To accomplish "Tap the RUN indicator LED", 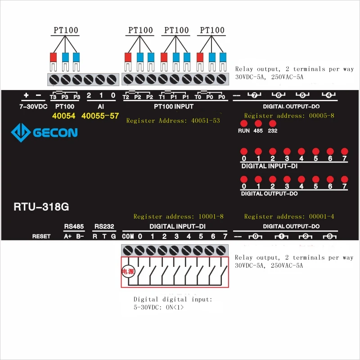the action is tap(243, 123).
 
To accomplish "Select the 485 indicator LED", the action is tap(258, 123).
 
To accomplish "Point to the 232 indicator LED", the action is tap(272, 123).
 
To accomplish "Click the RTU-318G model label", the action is tap(41, 207).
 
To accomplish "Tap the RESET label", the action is tap(41, 236).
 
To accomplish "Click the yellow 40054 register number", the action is tap(64, 116).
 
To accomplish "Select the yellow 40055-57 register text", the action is tap(100, 116).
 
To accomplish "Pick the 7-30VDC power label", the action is tap(33, 107).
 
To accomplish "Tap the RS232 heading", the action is tap(103, 226).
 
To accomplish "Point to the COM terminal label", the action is tap(128, 236).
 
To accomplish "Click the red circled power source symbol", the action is tap(128, 271).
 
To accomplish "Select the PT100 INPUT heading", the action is tap(174, 107).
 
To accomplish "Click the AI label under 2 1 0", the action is tap(101, 107).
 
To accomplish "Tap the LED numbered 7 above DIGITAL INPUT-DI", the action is tap(345, 152).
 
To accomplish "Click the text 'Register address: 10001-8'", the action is tap(178, 216).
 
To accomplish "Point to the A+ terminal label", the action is tap(68, 236).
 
